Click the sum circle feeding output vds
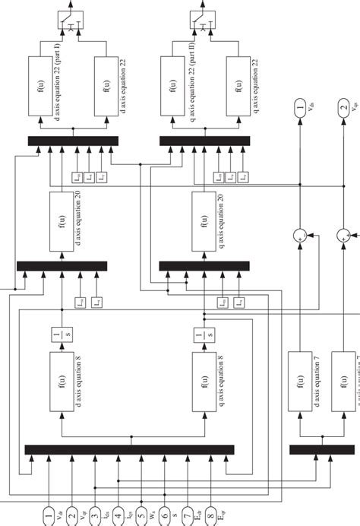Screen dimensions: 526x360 coord(302,237)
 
